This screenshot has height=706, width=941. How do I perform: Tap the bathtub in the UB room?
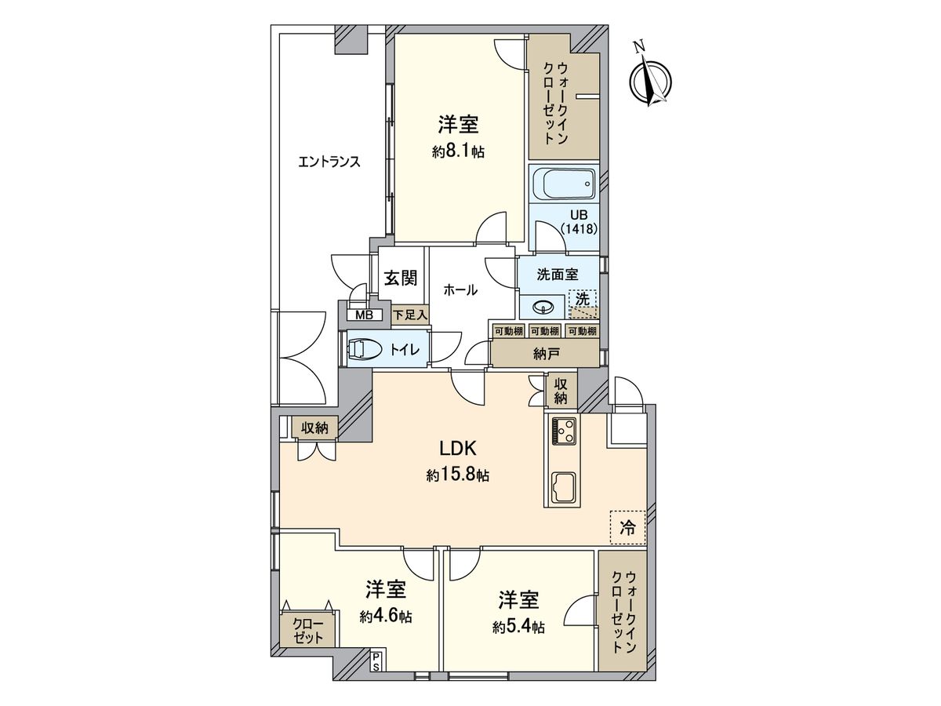point(562,185)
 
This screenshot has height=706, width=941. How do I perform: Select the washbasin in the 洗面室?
point(542,306)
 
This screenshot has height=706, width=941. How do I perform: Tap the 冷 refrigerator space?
point(627,527)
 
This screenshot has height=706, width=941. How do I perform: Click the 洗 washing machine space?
point(582,301)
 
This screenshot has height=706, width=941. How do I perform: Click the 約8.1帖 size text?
point(458,151)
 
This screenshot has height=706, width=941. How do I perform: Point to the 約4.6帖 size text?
point(386,617)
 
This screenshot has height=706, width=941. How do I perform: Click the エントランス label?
point(329,162)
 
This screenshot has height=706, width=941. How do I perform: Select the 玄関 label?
point(400,278)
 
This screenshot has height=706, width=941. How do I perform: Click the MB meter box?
point(363,315)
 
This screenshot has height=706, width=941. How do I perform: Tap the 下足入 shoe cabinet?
point(410,315)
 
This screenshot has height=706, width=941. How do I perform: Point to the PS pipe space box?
point(376,661)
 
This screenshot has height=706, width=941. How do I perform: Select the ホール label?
point(460,289)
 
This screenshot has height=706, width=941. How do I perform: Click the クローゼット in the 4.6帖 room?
point(308,631)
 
